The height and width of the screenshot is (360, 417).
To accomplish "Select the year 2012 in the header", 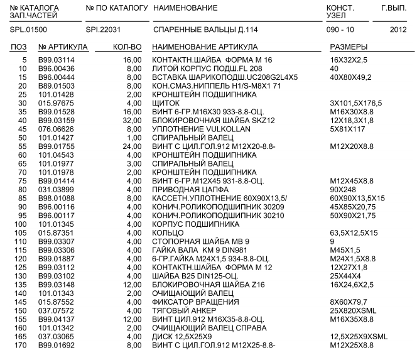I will tap(398, 30).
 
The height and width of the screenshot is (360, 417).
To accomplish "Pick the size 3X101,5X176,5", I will tap(356, 102).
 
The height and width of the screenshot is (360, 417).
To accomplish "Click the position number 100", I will tap(21, 224).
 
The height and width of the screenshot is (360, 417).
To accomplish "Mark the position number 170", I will tap(21, 345).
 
